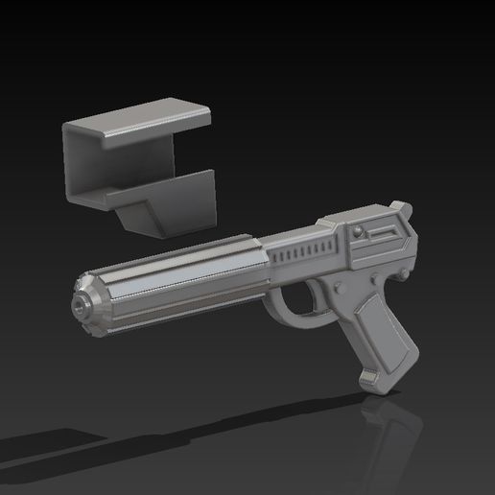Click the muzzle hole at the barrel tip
coord(77,305)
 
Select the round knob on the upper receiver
coord(356,233)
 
